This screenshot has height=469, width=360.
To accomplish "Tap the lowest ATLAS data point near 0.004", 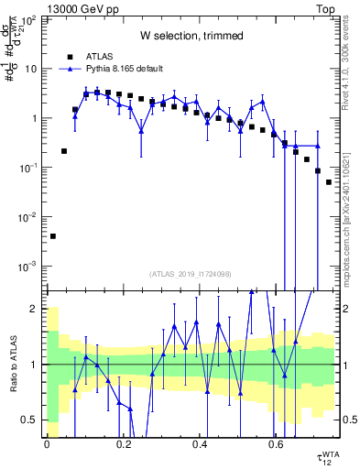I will tap(52, 236).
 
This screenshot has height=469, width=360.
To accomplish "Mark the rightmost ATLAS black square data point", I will tap(329, 182).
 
